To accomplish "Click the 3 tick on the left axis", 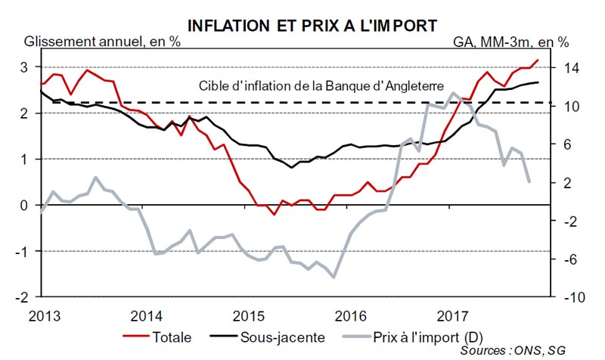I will tap(24, 67).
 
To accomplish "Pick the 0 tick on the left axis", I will tap(24, 206).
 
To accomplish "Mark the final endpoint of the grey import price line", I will tap(529, 182).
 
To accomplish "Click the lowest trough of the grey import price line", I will tap(334, 277).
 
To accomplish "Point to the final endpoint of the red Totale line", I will tap(538, 60).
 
